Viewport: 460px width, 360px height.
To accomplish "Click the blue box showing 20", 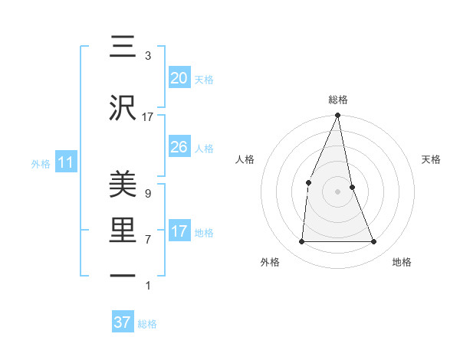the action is (179, 78).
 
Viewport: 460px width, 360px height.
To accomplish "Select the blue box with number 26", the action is (179, 147).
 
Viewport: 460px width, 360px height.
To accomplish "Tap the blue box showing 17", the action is (179, 231).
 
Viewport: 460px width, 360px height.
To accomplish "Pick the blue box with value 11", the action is (65, 162).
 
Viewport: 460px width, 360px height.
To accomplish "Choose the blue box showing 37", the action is (122, 322).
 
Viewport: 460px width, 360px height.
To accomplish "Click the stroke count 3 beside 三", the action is (148, 56).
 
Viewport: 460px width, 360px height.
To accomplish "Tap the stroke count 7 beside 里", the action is (148, 240).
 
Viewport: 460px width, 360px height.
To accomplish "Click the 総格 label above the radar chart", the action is (337, 100).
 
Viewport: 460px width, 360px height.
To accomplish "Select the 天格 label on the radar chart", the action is (432, 159).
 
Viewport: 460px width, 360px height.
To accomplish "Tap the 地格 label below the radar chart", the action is (402, 262).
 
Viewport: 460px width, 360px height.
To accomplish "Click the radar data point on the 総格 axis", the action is (337, 116).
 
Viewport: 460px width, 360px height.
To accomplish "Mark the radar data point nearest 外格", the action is (301, 241).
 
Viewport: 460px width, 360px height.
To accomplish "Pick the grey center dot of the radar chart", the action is (337, 191).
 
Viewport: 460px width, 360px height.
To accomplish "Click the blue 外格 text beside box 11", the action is (41, 163).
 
